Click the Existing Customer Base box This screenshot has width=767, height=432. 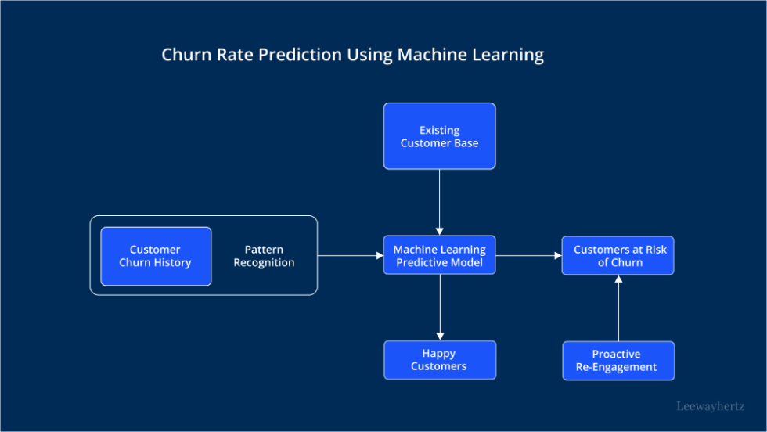(x=439, y=136)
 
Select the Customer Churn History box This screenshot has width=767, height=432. (x=156, y=256)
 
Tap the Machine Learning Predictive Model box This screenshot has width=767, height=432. (x=439, y=255)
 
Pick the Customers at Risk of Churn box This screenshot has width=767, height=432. (x=618, y=255)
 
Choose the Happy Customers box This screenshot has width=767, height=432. (x=439, y=360)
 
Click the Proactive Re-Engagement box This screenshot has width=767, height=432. (x=618, y=360)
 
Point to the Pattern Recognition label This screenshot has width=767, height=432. (x=264, y=256)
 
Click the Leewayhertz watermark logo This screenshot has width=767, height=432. (x=710, y=406)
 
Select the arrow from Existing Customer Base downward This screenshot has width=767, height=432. (x=439, y=202)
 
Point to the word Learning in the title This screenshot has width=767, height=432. (x=507, y=55)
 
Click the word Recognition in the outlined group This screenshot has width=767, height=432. (x=264, y=263)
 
